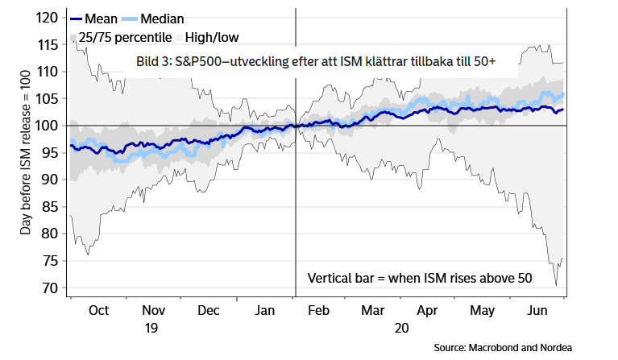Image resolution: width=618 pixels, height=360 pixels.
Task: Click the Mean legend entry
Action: click(101, 19)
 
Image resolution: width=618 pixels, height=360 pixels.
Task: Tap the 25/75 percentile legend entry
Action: click(122, 36)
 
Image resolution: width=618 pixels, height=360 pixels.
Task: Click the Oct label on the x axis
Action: click(99, 310)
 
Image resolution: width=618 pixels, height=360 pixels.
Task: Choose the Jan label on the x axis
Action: click(265, 310)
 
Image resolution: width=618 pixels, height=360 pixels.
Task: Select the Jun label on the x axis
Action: click(537, 310)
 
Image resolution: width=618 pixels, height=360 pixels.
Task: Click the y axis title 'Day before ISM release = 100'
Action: click(27, 153)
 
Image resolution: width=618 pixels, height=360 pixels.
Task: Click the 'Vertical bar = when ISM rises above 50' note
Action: click(420, 278)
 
